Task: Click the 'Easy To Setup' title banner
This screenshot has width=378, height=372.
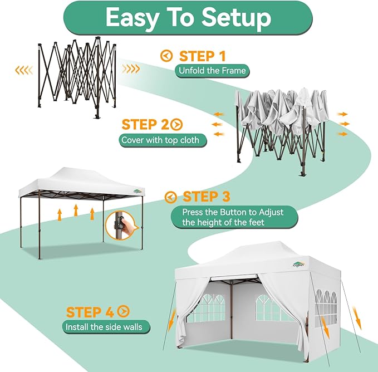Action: (188, 18)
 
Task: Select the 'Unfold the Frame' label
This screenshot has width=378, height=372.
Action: (212, 71)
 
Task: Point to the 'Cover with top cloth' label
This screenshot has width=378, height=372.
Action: (163, 139)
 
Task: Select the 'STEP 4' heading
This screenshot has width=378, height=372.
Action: (91, 312)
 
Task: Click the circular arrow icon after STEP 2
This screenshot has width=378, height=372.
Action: (177, 124)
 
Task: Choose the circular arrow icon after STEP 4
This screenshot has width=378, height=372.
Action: (123, 312)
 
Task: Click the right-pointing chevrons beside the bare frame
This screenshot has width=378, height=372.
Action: (131, 69)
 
